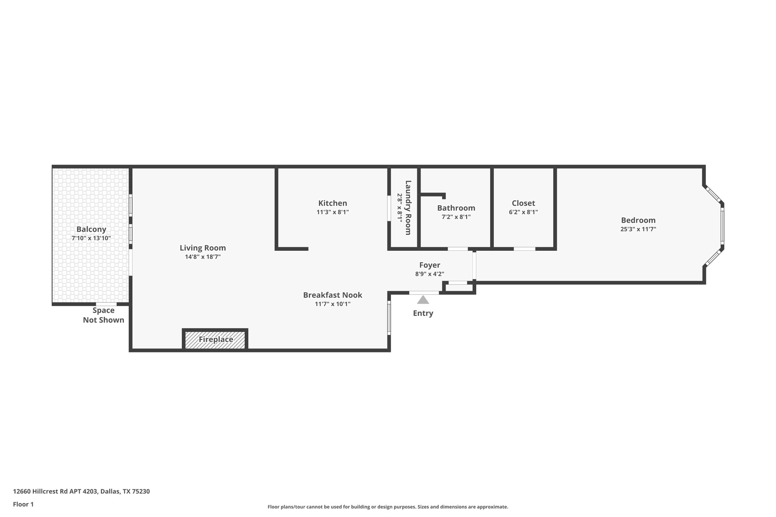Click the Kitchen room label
tap(332, 203)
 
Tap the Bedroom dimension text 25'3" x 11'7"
tap(638, 229)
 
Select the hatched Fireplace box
tap(215, 339)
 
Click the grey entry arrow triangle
tap(423, 300)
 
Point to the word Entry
tap(423, 313)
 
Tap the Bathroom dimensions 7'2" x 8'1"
tap(456, 217)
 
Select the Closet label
tap(523, 203)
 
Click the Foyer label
tap(429, 265)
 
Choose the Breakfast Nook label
tap(332, 295)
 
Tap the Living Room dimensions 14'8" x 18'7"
tap(203, 257)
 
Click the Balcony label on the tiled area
tap(91, 229)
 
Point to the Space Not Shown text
tap(103, 315)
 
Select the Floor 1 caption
tap(23, 504)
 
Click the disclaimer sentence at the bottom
tap(388, 507)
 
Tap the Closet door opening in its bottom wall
tap(524, 249)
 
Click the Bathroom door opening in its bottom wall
tap(458, 249)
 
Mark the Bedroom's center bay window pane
tap(722, 226)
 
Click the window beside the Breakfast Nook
tap(389, 318)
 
